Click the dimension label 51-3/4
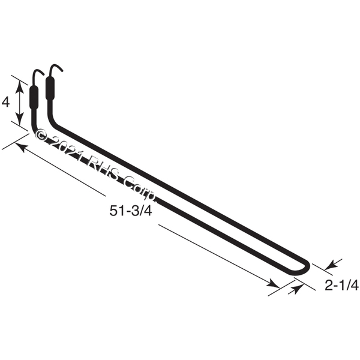[x=131, y=211]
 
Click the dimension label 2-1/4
[x=341, y=286]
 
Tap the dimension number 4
[x=5, y=102]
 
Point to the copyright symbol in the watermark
[x=41, y=135]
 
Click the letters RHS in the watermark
[x=103, y=168]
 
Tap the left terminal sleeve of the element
[x=34, y=97]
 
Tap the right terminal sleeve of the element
[x=50, y=88]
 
